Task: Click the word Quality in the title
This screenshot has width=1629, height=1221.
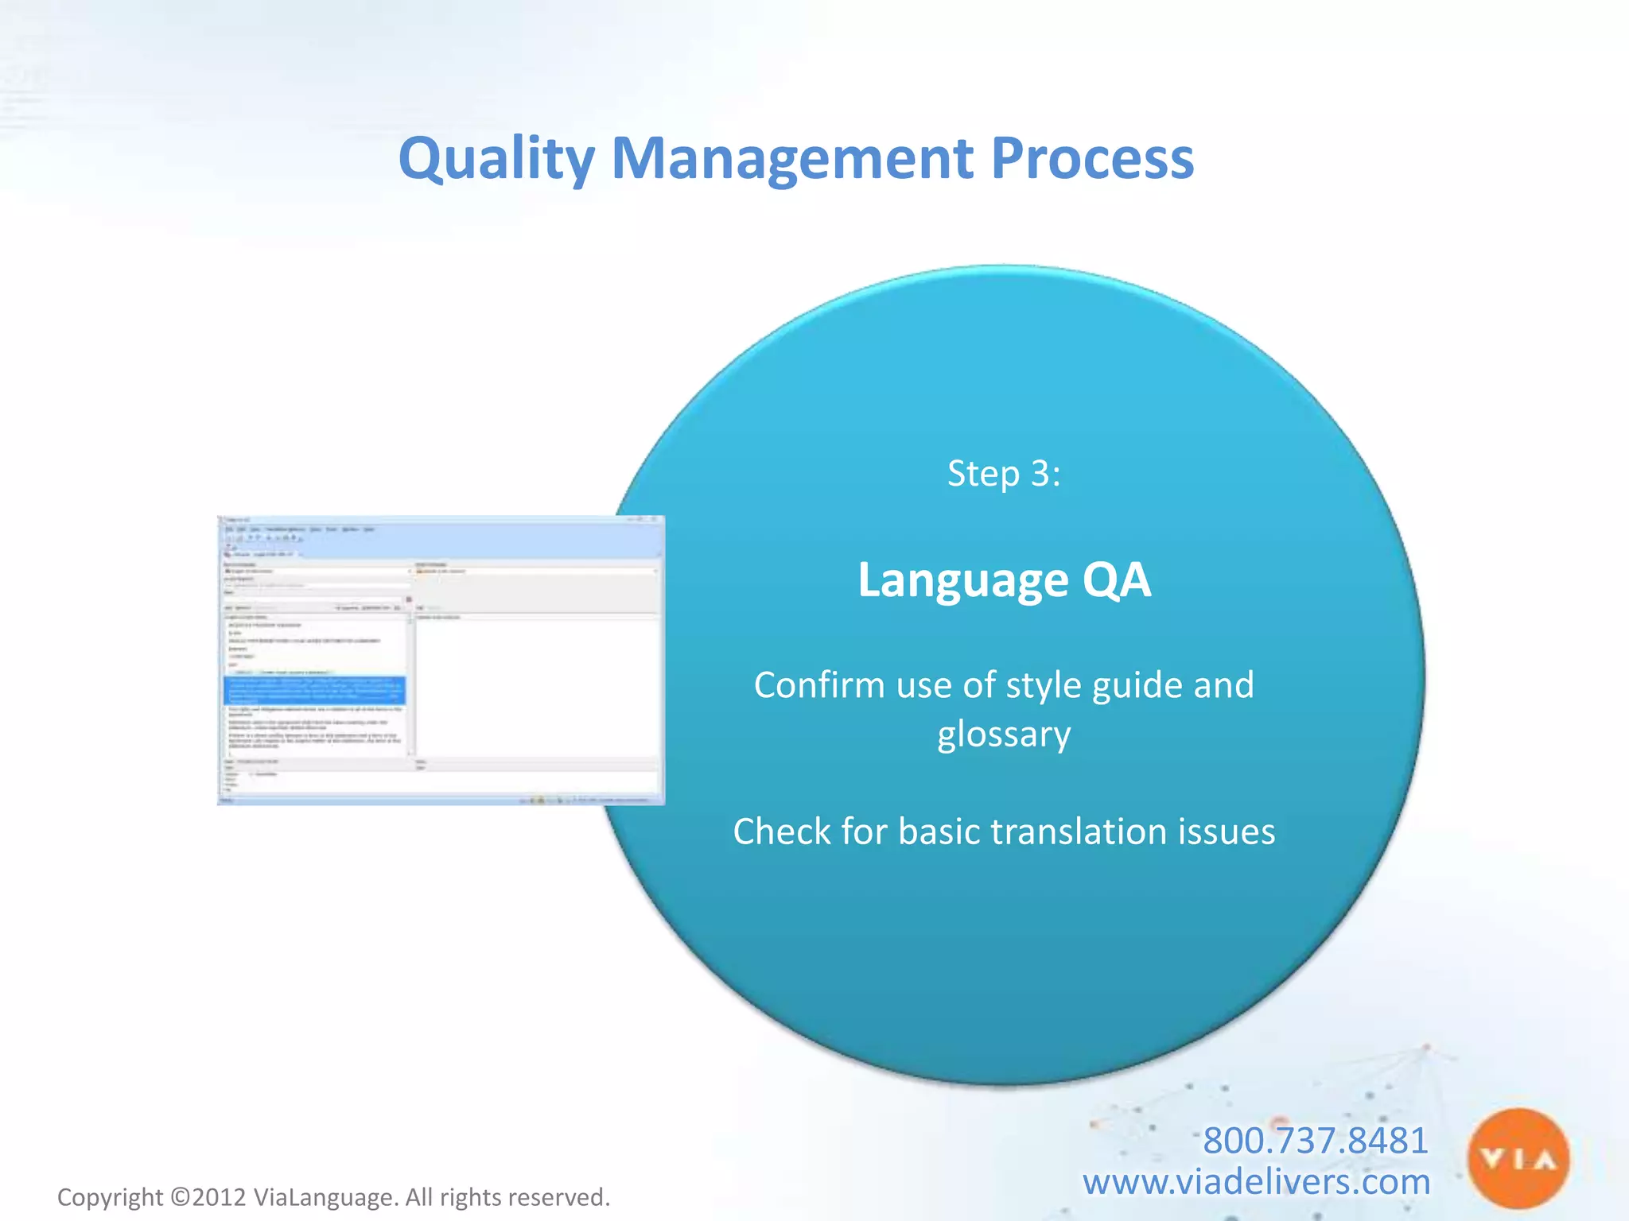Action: [496, 159]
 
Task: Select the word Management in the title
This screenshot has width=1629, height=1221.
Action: [791, 159]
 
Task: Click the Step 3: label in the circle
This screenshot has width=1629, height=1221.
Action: [1004, 474]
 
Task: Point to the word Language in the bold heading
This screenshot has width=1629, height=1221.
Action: [962, 580]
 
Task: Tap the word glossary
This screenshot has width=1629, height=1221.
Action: [1004, 735]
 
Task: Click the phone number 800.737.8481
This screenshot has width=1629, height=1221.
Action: [1315, 1140]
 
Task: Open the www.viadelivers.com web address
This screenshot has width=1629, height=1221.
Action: [1256, 1181]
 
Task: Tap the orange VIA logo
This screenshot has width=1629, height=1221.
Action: [1518, 1159]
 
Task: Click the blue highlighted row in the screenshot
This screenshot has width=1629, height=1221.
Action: [315, 690]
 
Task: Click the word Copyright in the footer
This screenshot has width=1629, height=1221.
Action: [110, 1197]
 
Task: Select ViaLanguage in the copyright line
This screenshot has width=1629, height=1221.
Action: [323, 1197]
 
